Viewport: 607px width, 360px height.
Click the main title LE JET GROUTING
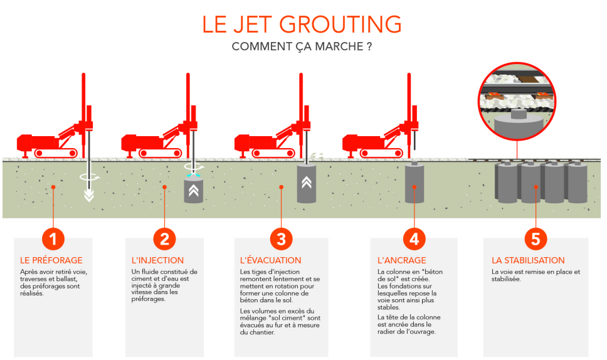pos(302,24)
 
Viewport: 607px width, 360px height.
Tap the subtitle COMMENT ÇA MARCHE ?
pos(302,46)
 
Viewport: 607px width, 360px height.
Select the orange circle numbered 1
pos(53,239)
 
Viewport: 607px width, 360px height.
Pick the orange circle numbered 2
pos(164,239)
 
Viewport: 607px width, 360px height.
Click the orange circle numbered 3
pos(281,239)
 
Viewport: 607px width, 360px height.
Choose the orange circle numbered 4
pos(414,239)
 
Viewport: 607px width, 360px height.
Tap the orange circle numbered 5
pos(536,239)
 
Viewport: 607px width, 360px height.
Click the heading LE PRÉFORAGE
pos(51,260)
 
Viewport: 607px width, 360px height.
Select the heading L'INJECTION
pos(157,260)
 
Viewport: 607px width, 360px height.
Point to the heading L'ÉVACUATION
pos(271,260)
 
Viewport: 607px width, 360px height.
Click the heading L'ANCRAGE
pos(402,260)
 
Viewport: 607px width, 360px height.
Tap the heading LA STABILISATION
pos(528,260)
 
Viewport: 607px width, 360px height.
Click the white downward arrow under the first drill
pos(89,196)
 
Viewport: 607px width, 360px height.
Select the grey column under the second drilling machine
pos(194,191)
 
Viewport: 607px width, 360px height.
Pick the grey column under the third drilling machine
pos(307,184)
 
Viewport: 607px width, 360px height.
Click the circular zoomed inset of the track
pos(517,102)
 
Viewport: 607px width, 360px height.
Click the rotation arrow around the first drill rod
pos(90,177)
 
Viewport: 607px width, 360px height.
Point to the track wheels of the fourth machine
pos(381,153)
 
